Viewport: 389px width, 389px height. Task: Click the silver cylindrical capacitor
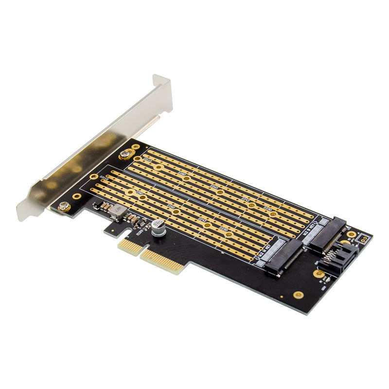point(157,228)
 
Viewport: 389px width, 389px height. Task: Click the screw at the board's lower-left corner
point(64,207)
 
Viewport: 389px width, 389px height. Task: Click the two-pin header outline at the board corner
point(362,238)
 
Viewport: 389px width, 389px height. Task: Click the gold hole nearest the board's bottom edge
point(299,295)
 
